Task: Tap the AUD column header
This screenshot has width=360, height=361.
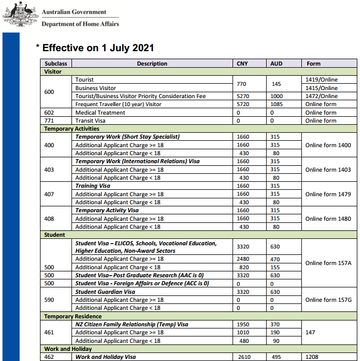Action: point(276,63)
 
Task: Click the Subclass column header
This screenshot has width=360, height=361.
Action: point(55,63)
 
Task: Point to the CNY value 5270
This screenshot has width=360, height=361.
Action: point(243,96)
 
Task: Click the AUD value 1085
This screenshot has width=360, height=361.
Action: point(277,105)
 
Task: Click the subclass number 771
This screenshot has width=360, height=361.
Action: point(49,121)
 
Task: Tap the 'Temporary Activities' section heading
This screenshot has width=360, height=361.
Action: point(71,129)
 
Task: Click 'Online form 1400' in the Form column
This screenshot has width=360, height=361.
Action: point(328,145)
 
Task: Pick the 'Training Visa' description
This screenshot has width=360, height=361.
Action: point(93,186)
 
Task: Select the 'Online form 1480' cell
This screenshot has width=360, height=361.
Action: point(328,219)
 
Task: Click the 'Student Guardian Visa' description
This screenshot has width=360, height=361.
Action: point(105,292)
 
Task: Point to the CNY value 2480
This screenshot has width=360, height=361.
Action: point(243,259)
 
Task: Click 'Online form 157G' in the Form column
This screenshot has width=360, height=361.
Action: point(328,300)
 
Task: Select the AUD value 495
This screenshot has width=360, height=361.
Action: point(275,357)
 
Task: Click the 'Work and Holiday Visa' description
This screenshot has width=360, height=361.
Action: point(105,357)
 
